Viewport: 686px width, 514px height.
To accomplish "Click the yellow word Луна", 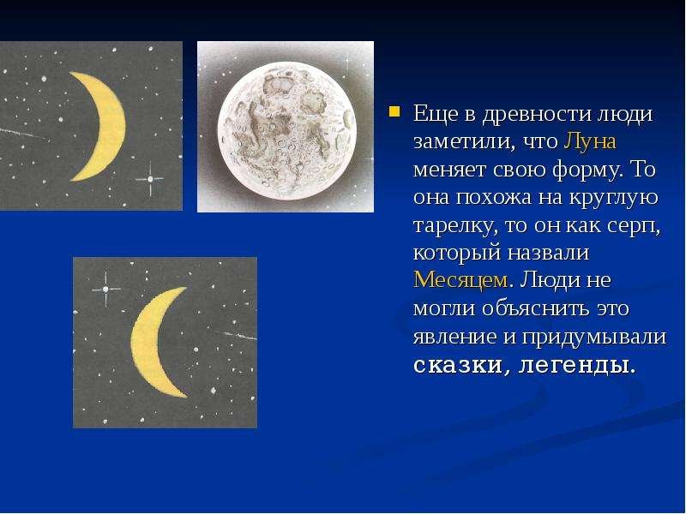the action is pyautogui.click(x=590, y=141).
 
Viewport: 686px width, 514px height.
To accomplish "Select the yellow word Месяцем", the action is pyautogui.click(x=460, y=280).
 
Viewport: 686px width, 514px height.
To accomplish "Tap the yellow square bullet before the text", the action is pyautogui.click(x=394, y=111).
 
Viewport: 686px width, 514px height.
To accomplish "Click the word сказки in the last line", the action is pyautogui.click(x=457, y=366).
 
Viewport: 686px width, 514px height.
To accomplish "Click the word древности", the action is pyautogui.click(x=535, y=115).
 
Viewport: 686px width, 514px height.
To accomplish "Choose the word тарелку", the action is pyautogui.click(x=454, y=225).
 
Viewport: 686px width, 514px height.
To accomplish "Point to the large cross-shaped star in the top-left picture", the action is pyautogui.click(x=149, y=179).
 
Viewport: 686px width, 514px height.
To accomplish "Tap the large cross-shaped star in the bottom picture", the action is pyautogui.click(x=105, y=289).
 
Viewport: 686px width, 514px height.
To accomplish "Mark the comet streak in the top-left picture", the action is pyautogui.click(x=24, y=134).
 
